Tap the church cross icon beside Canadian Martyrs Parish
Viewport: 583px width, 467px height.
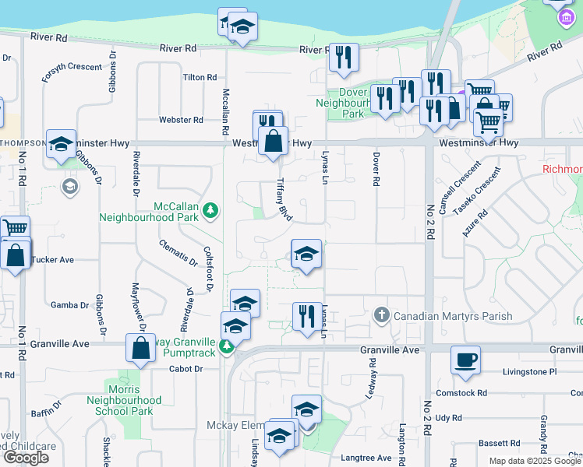[x=381, y=315]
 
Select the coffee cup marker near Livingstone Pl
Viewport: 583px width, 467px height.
[x=465, y=360]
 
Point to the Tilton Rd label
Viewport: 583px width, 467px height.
[x=200, y=78]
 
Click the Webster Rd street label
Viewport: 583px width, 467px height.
[x=181, y=120]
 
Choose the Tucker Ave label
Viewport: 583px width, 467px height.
[x=53, y=259]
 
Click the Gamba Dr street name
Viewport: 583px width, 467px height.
[x=65, y=304]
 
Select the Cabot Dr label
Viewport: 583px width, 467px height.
[x=186, y=369]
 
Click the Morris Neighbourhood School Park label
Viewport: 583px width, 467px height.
[x=124, y=400]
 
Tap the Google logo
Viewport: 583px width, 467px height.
[x=26, y=458]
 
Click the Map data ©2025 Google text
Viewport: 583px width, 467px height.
[x=535, y=461]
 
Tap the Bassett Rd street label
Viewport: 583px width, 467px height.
[x=493, y=443]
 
